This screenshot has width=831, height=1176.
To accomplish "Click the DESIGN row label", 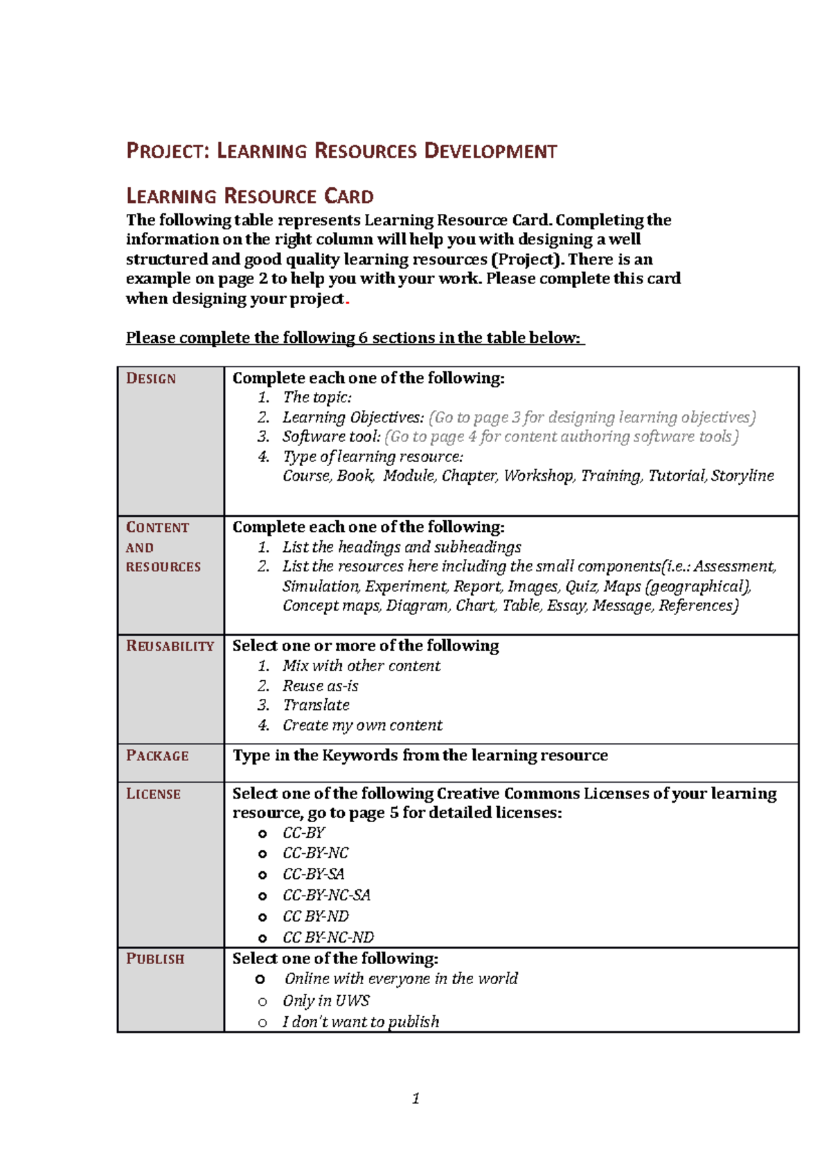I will click(151, 379).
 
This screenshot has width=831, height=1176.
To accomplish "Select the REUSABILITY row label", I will click(170, 646).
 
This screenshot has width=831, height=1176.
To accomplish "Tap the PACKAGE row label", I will click(157, 756).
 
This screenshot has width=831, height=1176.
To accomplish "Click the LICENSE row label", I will click(153, 794).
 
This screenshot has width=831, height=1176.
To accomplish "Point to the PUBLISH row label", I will click(155, 959).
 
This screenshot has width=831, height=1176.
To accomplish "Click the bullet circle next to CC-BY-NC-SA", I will click(262, 896).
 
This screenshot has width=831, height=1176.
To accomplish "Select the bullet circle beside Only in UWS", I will click(262, 1001).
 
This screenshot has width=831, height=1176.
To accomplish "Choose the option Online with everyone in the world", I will click(400, 979).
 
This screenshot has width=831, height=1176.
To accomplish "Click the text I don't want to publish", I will click(360, 1022).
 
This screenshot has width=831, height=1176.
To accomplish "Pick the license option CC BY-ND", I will click(315, 916).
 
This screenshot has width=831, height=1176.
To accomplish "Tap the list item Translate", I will click(316, 705).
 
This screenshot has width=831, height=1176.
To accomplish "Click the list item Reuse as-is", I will click(320, 686).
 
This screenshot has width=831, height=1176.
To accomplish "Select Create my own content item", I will click(362, 725).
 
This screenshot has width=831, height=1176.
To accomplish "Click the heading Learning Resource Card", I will click(250, 196).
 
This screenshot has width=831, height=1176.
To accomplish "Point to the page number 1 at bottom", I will click(415, 1098).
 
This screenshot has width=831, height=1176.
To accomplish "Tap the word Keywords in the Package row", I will click(359, 756).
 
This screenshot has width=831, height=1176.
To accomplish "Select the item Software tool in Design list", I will click(331, 437).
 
